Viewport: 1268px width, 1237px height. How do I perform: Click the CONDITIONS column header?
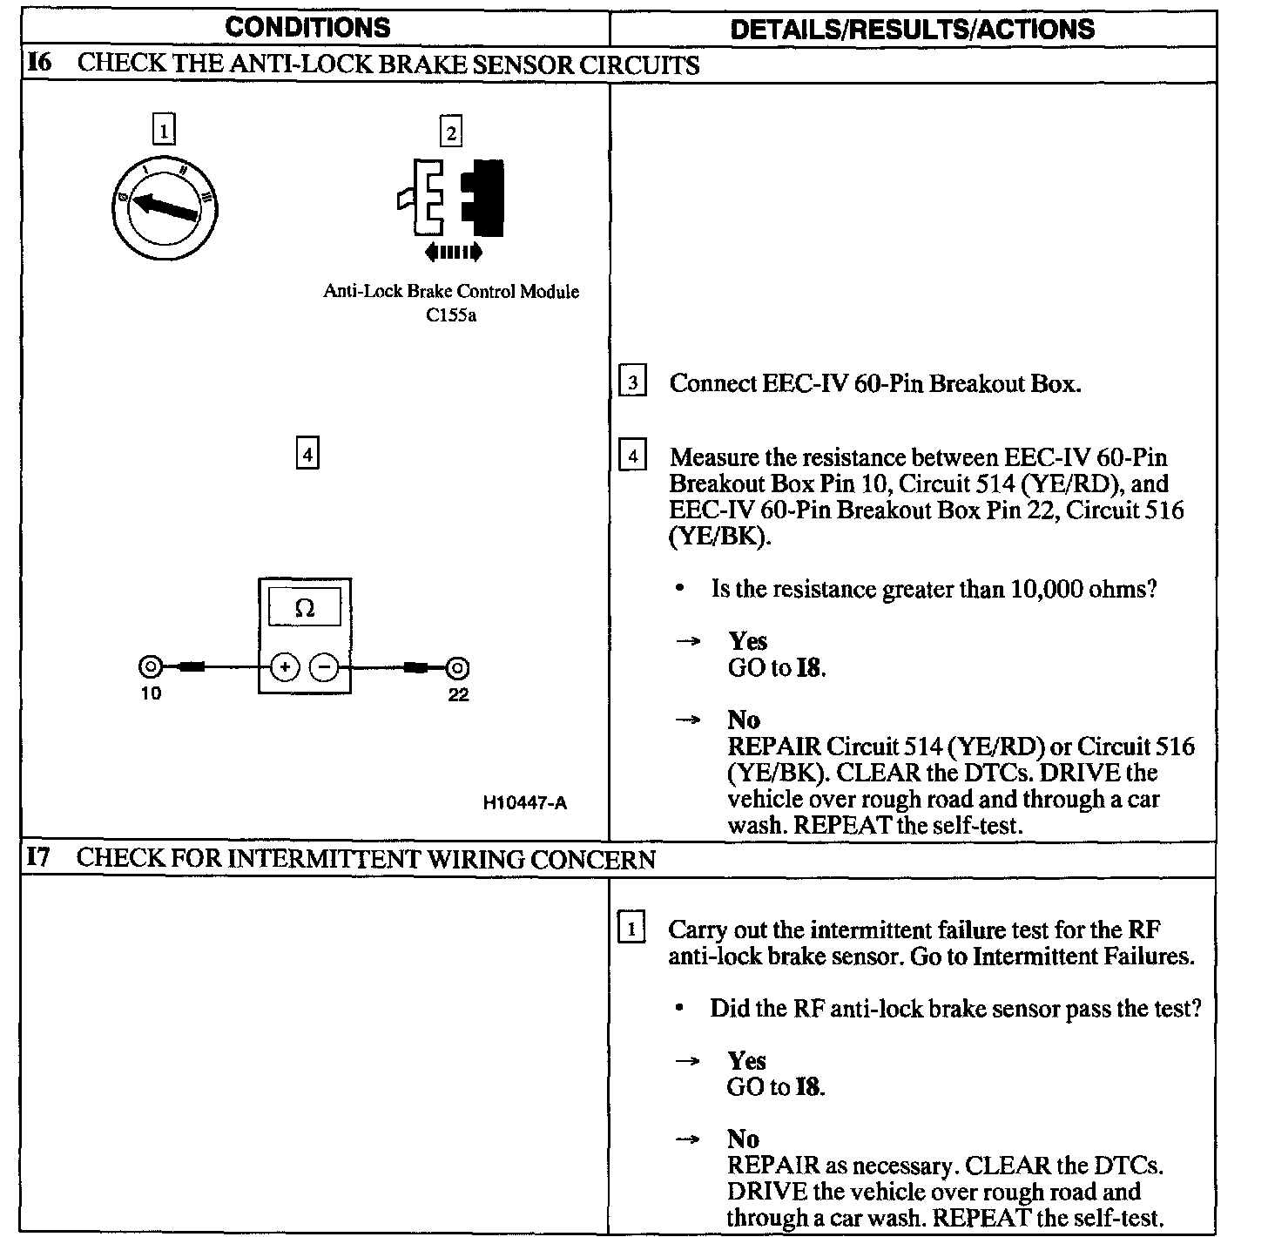(x=307, y=27)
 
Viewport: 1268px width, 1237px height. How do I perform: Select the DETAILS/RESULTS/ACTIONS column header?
(x=912, y=29)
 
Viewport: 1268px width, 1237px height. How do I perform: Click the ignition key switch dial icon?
(x=166, y=209)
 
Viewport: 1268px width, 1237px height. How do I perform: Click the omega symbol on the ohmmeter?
(x=305, y=608)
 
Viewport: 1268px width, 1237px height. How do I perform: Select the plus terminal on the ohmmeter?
(x=285, y=668)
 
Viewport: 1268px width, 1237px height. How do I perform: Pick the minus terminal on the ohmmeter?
(x=324, y=668)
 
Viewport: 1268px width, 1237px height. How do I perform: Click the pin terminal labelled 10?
(x=150, y=668)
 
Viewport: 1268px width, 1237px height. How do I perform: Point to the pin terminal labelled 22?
(x=458, y=668)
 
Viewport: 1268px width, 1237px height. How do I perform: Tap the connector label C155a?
(x=451, y=315)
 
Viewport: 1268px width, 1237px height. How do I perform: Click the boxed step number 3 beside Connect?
(x=632, y=382)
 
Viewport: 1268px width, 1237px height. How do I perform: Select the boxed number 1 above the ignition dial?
(x=164, y=130)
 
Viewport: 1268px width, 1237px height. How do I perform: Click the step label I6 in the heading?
(x=40, y=64)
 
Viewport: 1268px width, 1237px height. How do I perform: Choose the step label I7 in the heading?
(x=40, y=858)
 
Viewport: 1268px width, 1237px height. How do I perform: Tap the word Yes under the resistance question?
(x=747, y=642)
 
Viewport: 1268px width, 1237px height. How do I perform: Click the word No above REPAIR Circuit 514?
(x=744, y=720)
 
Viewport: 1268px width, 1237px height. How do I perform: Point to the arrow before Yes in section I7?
(x=688, y=1061)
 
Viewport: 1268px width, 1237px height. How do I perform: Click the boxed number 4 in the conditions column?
(x=307, y=454)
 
